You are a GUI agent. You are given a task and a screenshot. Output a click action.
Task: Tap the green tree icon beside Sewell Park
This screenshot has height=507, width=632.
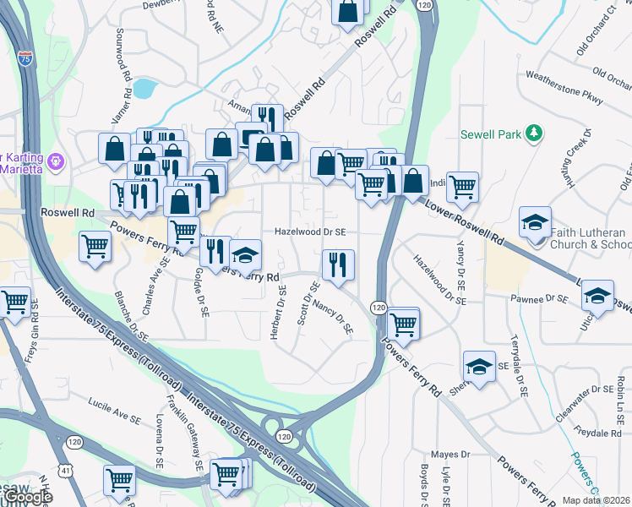point(533,133)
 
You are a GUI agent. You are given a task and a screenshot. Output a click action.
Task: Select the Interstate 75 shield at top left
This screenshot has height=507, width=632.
point(26,59)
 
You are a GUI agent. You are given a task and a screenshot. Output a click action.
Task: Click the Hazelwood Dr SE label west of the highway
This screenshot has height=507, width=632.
point(310,232)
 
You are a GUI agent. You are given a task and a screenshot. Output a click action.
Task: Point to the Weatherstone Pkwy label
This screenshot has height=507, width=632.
point(564,87)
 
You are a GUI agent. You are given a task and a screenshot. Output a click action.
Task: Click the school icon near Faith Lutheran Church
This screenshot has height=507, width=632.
point(535,222)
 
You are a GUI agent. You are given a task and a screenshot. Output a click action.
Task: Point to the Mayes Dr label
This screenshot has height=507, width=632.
point(450,455)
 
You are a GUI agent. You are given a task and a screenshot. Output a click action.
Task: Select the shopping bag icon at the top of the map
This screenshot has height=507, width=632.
point(349,12)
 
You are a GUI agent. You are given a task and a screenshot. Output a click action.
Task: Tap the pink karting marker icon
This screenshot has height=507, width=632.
point(57,159)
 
